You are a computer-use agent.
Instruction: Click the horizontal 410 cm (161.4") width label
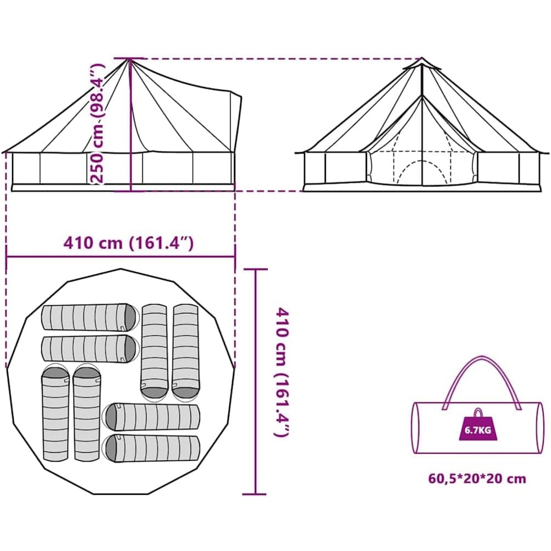(129, 243)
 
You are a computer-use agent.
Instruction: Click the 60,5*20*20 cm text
(477, 478)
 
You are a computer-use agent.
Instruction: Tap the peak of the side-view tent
(129, 59)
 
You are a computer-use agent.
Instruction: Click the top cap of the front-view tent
(422, 64)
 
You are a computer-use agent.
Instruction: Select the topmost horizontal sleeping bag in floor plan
(90, 317)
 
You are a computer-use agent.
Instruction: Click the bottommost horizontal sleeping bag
(152, 448)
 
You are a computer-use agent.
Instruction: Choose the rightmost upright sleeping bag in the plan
(185, 351)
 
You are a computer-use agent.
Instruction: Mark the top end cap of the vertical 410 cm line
(256, 269)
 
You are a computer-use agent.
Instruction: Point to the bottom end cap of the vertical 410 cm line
(256, 494)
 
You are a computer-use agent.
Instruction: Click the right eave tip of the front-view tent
(547, 152)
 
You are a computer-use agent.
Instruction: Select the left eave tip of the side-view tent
(4, 151)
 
